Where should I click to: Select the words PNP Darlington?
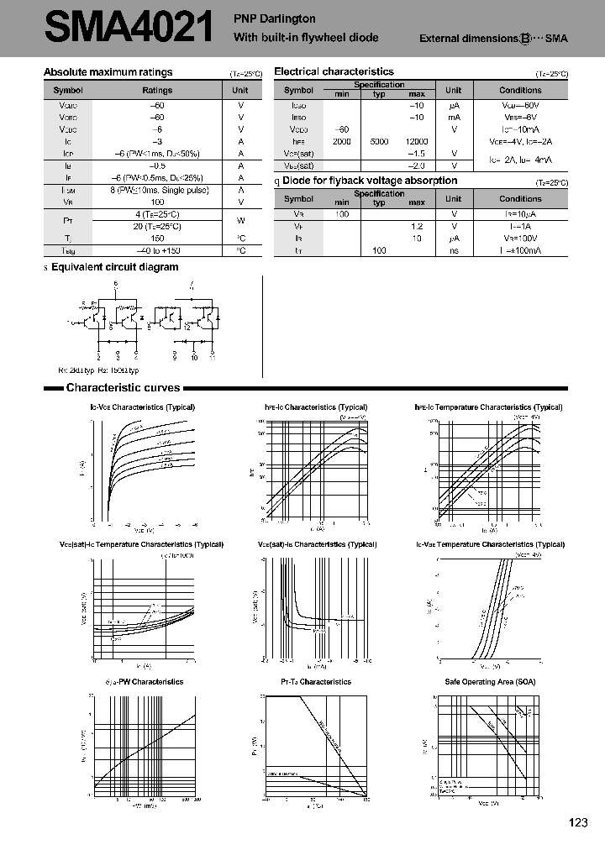point(274,18)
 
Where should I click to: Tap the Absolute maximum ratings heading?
point(108,73)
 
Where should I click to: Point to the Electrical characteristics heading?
point(334,72)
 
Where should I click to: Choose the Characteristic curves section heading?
point(123,388)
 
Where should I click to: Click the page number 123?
point(577,823)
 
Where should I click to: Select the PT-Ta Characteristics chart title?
point(316,681)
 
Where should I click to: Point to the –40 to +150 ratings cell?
point(157,251)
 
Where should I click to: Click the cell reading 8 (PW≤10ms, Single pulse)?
point(157,190)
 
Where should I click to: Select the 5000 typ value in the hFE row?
point(379,142)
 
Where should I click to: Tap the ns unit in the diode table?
point(454,251)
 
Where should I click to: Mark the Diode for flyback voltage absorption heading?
point(370,181)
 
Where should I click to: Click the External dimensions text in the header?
point(469,39)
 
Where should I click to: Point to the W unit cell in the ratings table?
point(240,221)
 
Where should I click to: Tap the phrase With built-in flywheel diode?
point(306,37)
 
